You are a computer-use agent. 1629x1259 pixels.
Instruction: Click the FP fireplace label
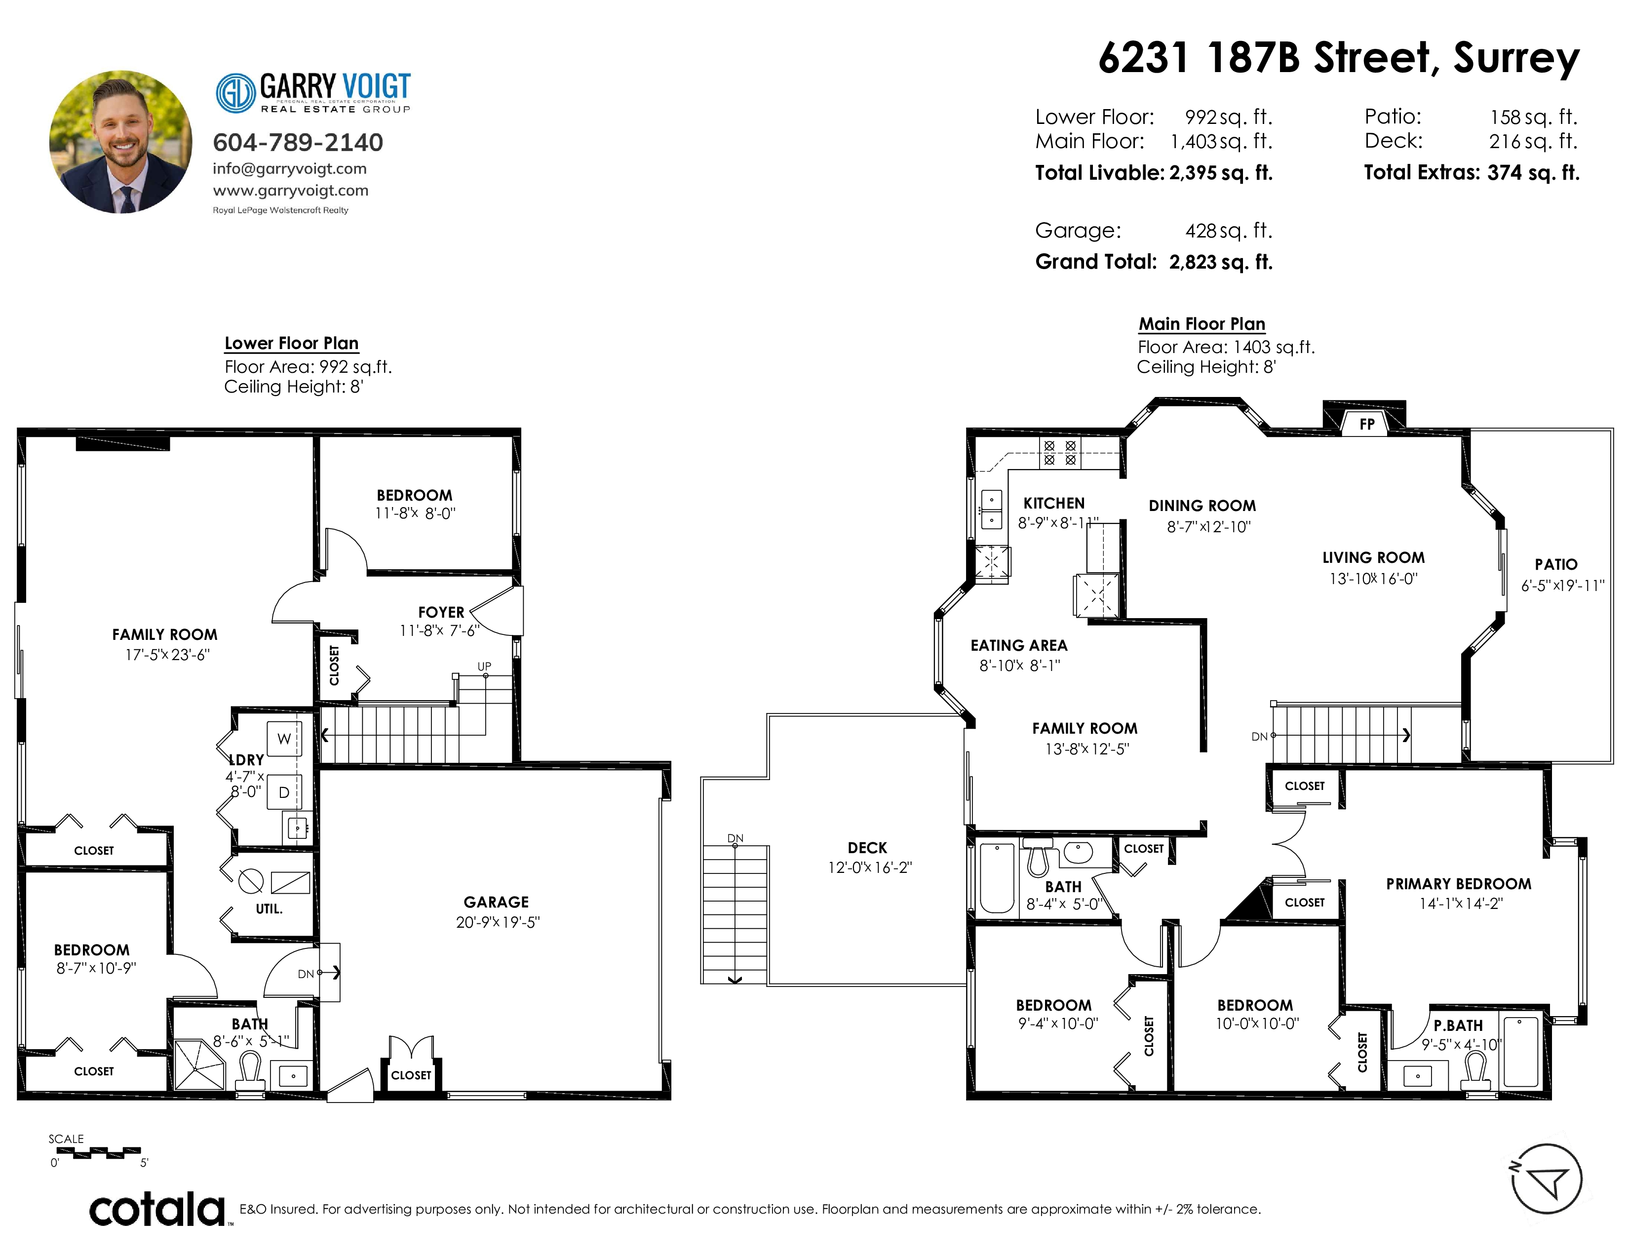click(1366, 425)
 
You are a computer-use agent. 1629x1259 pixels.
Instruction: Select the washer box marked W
click(284, 739)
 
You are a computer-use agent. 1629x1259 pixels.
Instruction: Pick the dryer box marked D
click(284, 792)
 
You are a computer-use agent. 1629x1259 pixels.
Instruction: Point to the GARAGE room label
click(496, 902)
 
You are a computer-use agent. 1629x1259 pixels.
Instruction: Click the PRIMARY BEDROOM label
click(1459, 884)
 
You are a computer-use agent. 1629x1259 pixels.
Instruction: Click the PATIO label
click(1556, 565)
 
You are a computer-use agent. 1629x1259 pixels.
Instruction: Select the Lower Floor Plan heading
click(292, 343)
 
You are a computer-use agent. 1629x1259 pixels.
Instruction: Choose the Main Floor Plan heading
click(1202, 324)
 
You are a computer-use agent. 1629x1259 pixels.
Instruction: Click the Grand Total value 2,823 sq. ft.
click(1221, 262)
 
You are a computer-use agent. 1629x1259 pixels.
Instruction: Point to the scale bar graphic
click(98, 1152)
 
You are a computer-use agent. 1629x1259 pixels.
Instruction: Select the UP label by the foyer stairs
click(484, 666)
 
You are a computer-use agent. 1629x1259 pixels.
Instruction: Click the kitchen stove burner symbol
click(1060, 453)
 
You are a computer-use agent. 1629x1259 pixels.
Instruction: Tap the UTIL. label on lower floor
click(269, 908)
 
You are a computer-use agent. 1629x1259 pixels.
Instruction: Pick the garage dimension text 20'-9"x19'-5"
click(498, 922)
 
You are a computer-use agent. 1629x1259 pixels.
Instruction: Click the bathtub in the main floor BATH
click(997, 878)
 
